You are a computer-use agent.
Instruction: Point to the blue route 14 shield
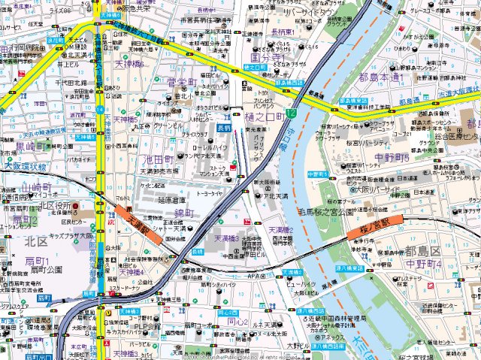100,109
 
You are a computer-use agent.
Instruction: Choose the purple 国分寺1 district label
267,56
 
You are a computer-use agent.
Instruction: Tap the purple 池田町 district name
159,161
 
